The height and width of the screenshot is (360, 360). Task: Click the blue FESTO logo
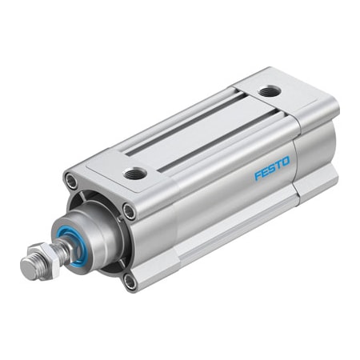pyautogui.click(x=272, y=169)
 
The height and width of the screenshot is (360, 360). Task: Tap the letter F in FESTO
pyautogui.click(x=258, y=175)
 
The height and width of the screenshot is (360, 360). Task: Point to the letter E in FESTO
pyautogui.click(x=265, y=172)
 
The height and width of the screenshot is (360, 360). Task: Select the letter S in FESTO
pyautogui.click(x=272, y=169)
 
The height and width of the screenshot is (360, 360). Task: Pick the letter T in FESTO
pyautogui.click(x=279, y=166)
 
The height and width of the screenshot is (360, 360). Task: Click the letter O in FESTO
pyautogui.click(x=287, y=162)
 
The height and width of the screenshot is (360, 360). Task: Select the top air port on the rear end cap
pyautogui.click(x=270, y=90)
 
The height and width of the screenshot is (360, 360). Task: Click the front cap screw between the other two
pyautogui.click(x=129, y=210)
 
